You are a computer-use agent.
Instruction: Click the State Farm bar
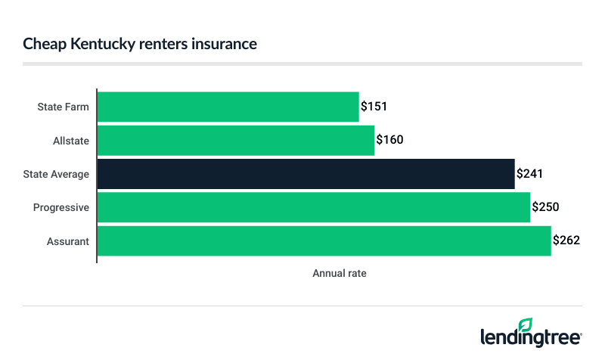228,107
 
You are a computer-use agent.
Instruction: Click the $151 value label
374,107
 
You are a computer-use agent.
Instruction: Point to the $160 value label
389,140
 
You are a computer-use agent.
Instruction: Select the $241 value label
529,174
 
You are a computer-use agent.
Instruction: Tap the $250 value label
545,207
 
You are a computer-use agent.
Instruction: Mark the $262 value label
566,241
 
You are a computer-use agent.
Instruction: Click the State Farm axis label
63,107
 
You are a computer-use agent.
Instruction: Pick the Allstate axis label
70,140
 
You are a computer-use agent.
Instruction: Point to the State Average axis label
56,174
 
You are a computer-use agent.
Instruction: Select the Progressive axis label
61,207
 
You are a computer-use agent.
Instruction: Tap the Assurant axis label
67,241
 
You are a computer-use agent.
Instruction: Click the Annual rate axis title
340,273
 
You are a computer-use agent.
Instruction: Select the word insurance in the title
225,45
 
